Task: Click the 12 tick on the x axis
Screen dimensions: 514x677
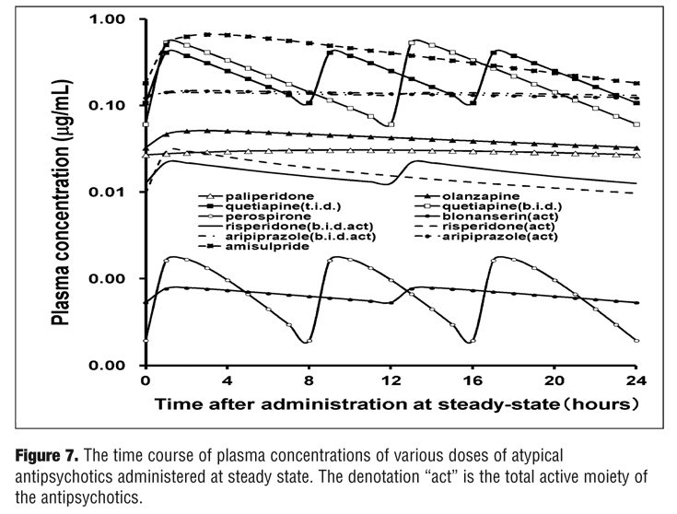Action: (391, 380)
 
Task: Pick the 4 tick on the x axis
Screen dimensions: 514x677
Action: (227, 380)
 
